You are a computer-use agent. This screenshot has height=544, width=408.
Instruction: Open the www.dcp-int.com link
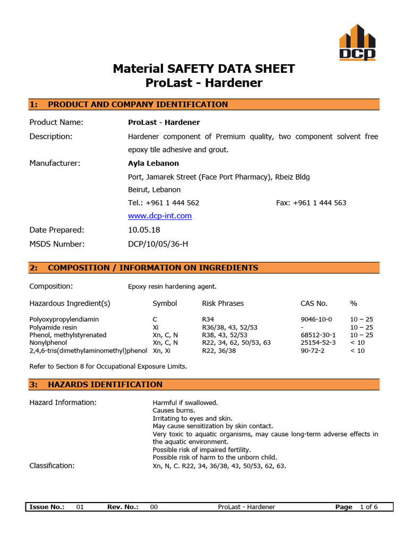pyautogui.click(x=160, y=216)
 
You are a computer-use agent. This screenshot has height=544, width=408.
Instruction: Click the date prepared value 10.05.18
pyautogui.click(x=144, y=230)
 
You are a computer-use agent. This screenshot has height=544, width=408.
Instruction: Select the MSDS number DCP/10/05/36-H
pyautogui.click(x=158, y=244)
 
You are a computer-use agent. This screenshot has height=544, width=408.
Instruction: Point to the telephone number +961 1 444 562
pyautogui.click(x=164, y=202)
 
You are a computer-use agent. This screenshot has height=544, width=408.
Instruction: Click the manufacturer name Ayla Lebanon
pyautogui.click(x=154, y=163)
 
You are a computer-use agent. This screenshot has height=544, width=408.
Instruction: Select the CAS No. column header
pyautogui.click(x=314, y=303)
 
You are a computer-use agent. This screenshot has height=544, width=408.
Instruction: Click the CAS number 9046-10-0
pyautogui.click(x=316, y=319)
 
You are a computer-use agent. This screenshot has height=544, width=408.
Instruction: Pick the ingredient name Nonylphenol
pyautogui.click(x=48, y=343)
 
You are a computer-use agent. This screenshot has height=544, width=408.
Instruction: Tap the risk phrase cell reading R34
pyautogui.click(x=208, y=319)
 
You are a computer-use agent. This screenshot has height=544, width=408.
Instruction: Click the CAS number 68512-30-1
pyautogui.click(x=318, y=335)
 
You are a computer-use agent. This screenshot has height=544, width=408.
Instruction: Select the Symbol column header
pyautogui.click(x=165, y=303)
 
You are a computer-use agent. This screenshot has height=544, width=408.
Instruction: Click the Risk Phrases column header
pyautogui.click(x=223, y=303)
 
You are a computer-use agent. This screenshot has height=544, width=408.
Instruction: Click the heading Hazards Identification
pyautogui.click(x=105, y=384)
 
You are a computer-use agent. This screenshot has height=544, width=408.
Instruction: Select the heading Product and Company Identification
pyautogui.click(x=138, y=104)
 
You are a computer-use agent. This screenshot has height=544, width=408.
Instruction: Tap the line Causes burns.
pyautogui.click(x=174, y=410)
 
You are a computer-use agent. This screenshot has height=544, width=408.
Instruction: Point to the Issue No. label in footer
pyautogui.click(x=47, y=507)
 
